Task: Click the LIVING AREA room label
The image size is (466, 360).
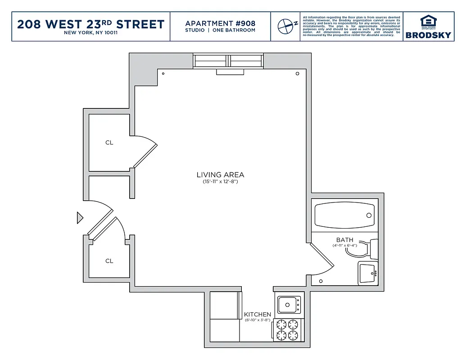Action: point(220,175)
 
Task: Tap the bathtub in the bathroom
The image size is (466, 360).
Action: point(344,215)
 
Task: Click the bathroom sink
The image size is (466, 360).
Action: point(368,273)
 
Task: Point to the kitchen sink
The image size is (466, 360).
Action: point(289,305)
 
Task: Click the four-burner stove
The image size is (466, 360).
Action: point(287,329)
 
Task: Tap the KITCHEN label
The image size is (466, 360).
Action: point(258,314)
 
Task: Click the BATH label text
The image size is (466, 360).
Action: point(344,240)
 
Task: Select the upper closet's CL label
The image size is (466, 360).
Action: point(109,143)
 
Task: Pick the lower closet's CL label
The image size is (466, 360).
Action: point(109,261)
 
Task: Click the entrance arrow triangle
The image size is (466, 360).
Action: point(80,218)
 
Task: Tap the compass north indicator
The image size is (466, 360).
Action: point(285,26)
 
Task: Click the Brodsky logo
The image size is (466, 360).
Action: point(428,27)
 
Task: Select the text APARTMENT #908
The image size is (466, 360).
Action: point(220,23)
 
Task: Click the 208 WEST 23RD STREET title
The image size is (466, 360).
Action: point(90,24)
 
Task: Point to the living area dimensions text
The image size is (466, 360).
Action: point(220,182)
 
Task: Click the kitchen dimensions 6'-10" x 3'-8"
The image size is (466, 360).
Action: point(258,320)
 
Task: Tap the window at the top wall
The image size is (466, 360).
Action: point(228,61)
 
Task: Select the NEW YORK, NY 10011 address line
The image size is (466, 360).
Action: point(90,33)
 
